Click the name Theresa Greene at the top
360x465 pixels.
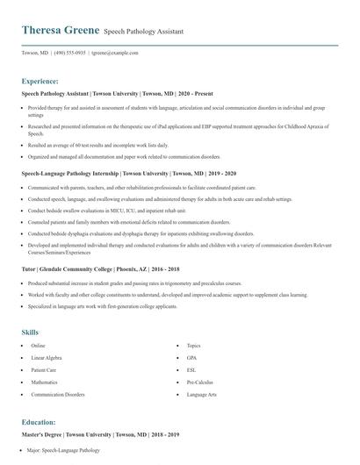(60, 31)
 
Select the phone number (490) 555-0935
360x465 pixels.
(68, 53)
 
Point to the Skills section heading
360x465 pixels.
(30, 333)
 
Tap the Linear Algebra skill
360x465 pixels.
(48, 358)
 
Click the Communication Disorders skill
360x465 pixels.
(57, 394)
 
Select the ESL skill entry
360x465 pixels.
(192, 370)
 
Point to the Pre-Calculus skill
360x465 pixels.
(198, 383)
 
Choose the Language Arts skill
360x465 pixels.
(201, 394)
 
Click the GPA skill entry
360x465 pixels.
(192, 358)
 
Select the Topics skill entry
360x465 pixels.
(194, 346)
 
